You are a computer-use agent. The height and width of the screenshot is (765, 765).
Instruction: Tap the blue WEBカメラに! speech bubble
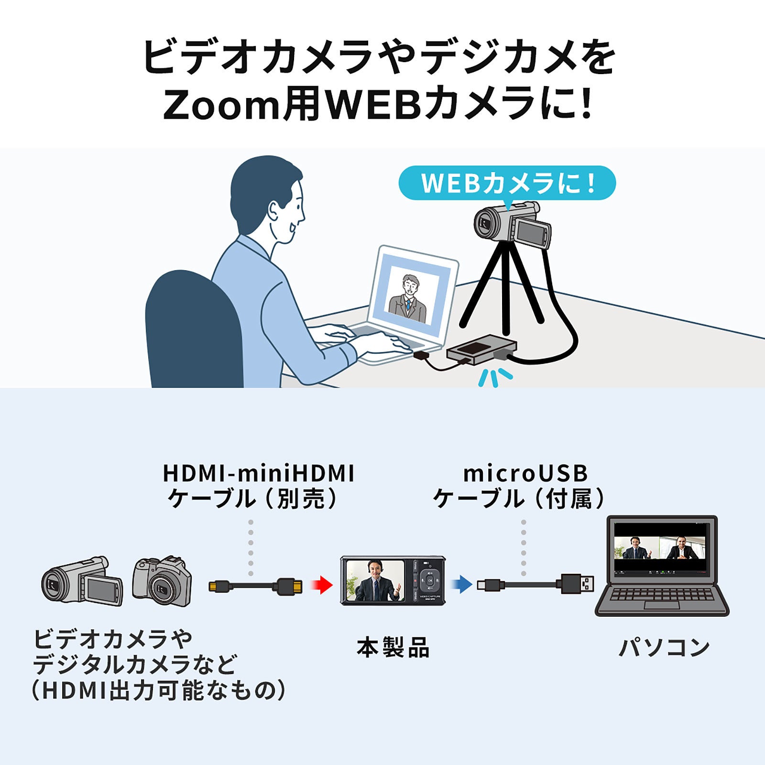click(507, 183)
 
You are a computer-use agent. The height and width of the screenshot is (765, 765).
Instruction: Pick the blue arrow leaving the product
click(461, 584)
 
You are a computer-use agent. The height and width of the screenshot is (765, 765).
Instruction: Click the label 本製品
click(393, 648)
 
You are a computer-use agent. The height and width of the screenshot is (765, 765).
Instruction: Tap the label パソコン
click(664, 648)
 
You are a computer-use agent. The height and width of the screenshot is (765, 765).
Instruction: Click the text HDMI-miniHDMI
click(258, 473)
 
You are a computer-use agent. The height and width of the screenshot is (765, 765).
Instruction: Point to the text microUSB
click(525, 473)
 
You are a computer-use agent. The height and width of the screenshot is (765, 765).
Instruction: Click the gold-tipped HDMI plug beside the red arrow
click(290, 586)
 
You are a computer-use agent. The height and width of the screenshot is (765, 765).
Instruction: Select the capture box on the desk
click(481, 350)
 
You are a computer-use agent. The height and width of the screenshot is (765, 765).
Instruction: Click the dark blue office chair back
click(194, 330)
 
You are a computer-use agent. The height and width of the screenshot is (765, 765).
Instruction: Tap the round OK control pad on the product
click(429, 580)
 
